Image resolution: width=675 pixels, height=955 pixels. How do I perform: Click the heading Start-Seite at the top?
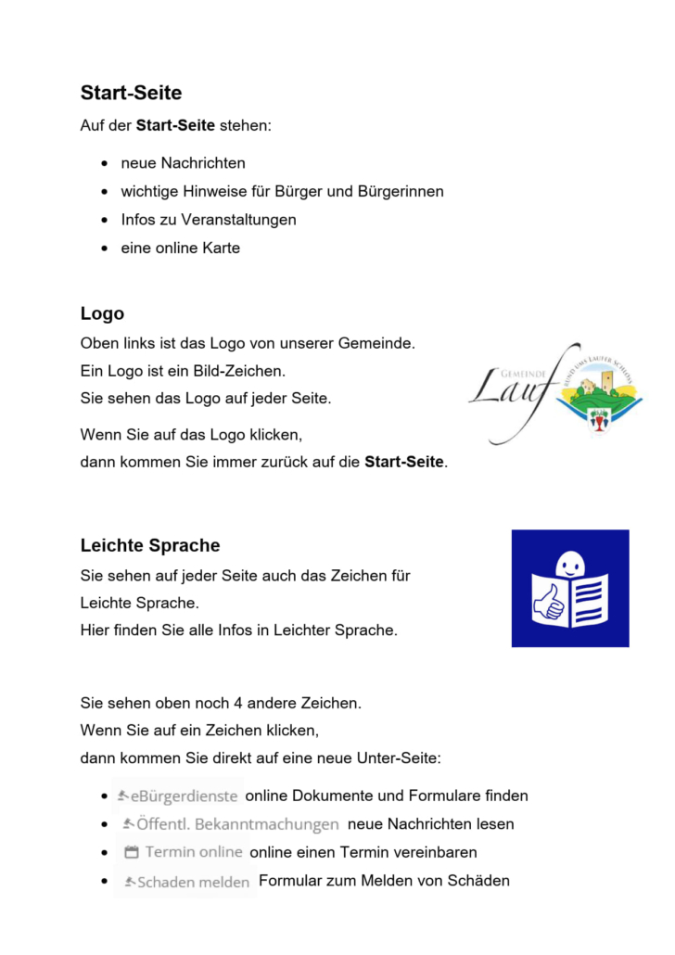tap(131, 93)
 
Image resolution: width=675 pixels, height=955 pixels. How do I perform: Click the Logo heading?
tap(102, 313)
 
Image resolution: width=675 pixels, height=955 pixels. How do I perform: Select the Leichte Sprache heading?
tap(149, 545)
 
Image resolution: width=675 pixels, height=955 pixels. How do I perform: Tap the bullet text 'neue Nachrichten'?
tap(183, 163)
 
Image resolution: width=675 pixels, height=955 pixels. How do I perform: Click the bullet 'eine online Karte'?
tap(180, 248)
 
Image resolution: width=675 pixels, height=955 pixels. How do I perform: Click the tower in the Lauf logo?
tap(607, 380)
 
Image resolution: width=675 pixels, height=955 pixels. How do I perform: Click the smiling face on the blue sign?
tap(569, 565)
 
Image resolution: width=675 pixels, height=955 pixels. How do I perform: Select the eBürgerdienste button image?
tap(178, 796)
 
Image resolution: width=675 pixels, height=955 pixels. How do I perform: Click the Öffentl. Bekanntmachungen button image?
tap(231, 824)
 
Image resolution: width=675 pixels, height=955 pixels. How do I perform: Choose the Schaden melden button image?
tap(186, 882)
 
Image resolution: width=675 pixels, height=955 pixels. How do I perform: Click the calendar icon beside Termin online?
tap(131, 852)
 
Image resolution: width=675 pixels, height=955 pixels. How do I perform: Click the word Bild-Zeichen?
tap(240, 371)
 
